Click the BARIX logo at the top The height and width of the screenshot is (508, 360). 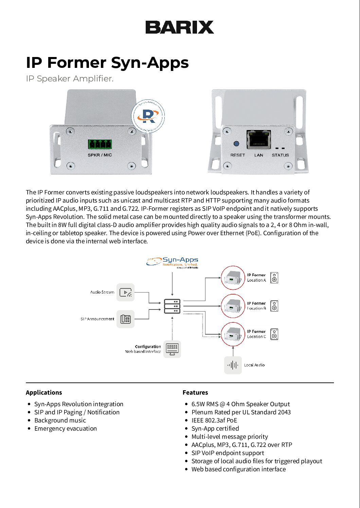point(180,27)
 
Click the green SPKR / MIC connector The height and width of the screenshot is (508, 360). point(100,144)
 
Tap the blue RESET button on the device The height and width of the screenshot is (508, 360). point(236,144)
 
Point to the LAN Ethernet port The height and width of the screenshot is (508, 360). point(258,139)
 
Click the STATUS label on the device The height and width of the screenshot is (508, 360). point(280,155)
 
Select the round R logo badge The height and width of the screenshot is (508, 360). point(148,116)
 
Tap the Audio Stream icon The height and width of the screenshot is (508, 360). point(125,292)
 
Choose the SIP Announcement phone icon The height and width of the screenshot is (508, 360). point(125,319)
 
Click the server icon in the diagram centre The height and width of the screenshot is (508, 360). point(172,306)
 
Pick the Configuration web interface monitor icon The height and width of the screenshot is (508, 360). point(172,349)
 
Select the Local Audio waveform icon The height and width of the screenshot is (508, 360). point(233,365)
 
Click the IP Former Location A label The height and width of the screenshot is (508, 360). point(256,278)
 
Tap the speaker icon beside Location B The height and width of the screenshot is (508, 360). point(274,306)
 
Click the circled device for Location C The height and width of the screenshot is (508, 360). point(233,334)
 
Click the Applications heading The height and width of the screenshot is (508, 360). point(44,393)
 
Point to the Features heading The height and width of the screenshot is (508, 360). point(195,393)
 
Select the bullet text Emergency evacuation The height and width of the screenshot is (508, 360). point(66,429)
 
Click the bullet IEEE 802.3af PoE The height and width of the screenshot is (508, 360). point(214,420)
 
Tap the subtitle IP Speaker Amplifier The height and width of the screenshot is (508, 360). point(70,79)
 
